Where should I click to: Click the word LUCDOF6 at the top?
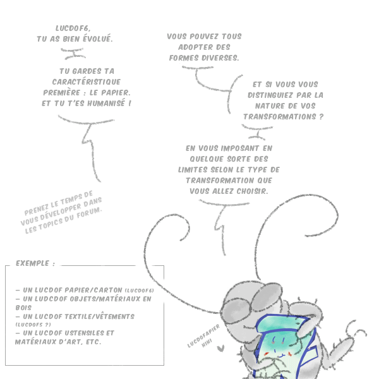tap(73, 28)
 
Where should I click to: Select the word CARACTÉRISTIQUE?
tap(87, 82)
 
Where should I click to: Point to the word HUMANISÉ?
tap(106, 103)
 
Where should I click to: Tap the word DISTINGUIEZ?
tap(271, 95)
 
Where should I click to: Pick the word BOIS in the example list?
tap(23, 308)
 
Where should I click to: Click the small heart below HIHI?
tap(220, 348)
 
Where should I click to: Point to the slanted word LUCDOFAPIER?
tap(203, 336)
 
